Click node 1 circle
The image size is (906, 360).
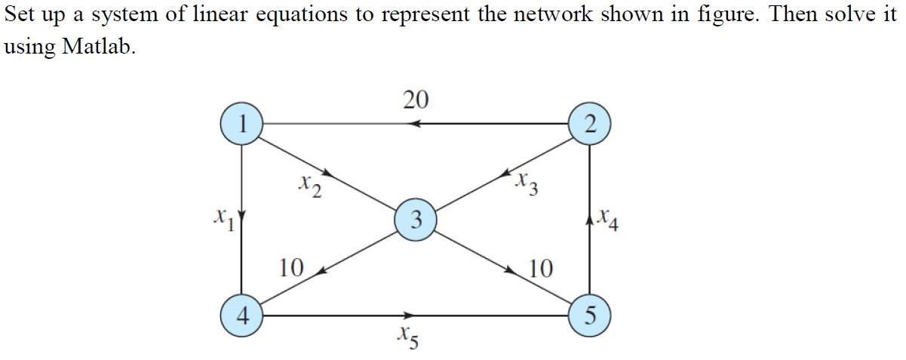[x=241, y=124]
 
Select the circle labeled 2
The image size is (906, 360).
[x=588, y=124]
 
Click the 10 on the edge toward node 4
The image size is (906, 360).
[x=290, y=267]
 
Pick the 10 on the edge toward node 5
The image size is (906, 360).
[x=540, y=268]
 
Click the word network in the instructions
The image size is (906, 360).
[x=555, y=16]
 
